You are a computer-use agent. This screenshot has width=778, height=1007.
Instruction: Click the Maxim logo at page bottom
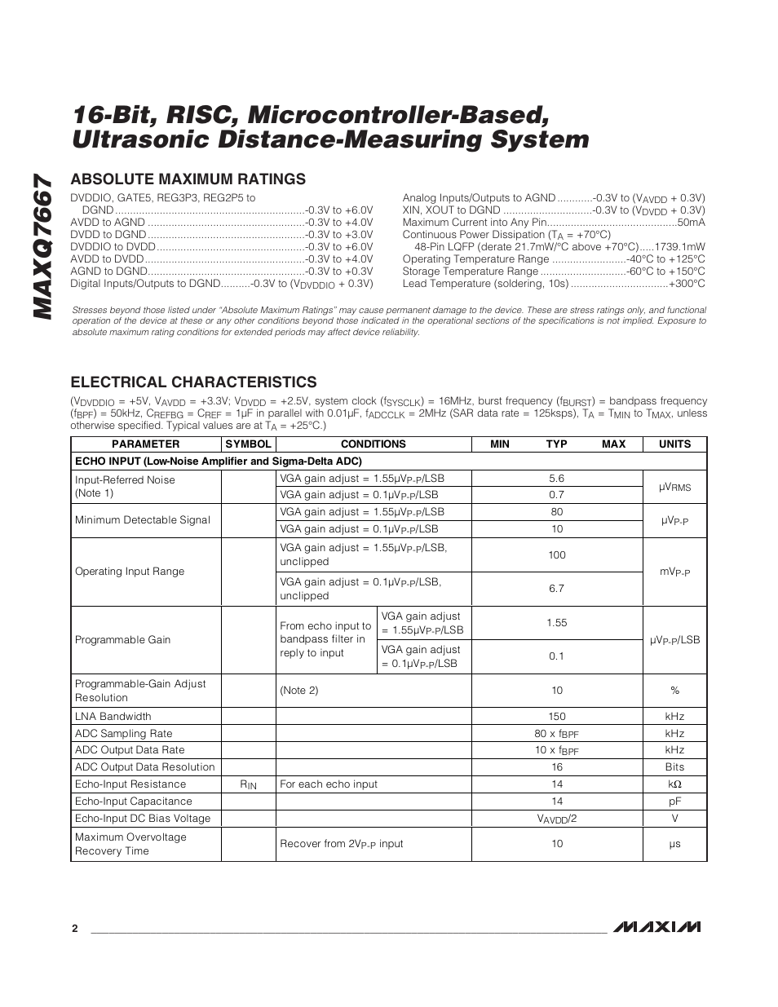(657, 927)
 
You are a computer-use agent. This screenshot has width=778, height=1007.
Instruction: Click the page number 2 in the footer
(74, 929)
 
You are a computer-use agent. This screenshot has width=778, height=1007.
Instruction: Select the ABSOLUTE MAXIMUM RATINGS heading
(188, 179)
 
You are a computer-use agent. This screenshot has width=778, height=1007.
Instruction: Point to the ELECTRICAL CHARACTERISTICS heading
(193, 382)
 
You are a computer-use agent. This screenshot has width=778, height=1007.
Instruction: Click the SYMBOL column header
(248, 444)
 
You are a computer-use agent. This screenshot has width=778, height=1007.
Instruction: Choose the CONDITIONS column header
(373, 444)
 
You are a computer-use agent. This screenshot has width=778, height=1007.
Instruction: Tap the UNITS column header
(674, 444)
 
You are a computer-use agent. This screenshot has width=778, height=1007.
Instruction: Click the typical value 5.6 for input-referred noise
(556, 479)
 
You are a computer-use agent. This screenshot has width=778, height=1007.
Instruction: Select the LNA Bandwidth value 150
(556, 717)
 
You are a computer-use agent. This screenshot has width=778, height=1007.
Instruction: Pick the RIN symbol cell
(248, 784)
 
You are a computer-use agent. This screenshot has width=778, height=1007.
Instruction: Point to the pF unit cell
(674, 802)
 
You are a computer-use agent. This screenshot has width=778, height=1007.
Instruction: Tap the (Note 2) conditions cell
(293, 691)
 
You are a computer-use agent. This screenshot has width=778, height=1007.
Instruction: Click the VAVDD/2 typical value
(556, 819)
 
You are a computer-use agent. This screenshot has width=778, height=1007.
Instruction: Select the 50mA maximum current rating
(691, 223)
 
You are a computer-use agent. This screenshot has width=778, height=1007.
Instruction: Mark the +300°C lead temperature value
(687, 284)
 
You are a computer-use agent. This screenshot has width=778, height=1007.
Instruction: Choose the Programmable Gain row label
(122, 640)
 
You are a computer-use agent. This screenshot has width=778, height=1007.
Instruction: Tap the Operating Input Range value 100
(556, 554)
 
